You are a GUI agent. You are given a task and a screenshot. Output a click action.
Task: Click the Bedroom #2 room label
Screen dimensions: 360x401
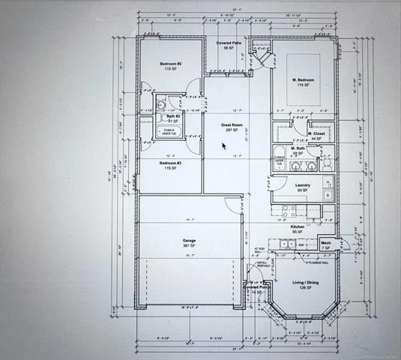tap(170, 64)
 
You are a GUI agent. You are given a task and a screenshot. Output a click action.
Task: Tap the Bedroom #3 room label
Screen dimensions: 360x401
tap(169, 163)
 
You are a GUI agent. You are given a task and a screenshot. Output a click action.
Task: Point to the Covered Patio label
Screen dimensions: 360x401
tap(229, 43)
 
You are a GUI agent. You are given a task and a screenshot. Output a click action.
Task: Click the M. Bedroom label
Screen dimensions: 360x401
tap(304, 80)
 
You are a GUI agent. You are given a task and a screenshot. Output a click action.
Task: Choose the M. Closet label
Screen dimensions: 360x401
tap(316, 133)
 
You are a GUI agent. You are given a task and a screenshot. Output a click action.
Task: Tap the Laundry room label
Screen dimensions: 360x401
tap(303, 184)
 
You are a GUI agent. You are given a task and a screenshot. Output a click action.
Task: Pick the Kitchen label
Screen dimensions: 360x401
tap(298, 226)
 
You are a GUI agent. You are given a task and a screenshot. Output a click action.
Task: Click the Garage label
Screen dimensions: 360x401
tap(190, 241)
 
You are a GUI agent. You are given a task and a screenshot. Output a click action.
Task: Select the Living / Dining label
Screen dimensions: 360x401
tap(305, 283)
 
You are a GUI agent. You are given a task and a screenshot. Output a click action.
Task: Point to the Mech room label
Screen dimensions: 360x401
tap(326, 242)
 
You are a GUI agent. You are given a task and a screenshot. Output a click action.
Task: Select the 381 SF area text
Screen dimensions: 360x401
tap(190, 246)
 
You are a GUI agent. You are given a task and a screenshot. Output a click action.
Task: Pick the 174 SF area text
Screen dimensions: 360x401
tap(304, 85)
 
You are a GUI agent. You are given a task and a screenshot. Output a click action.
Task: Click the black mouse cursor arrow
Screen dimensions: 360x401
tap(224, 145)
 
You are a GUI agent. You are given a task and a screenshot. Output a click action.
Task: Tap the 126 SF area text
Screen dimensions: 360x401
tap(305, 288)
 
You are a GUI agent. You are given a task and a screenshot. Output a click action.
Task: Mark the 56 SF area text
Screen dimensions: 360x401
tap(229, 49)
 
